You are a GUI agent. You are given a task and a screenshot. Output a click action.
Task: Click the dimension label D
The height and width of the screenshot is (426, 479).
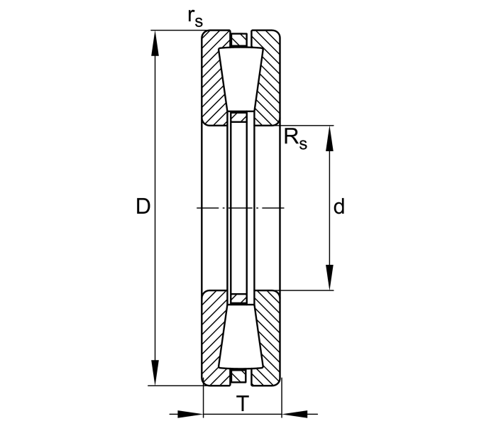(x=143, y=207)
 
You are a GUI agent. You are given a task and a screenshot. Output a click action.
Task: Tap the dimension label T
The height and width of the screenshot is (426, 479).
(x=243, y=403)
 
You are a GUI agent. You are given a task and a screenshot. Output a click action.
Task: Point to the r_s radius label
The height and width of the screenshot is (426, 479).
(x=195, y=18)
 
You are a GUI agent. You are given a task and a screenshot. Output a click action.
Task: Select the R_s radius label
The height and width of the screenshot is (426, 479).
(x=295, y=139)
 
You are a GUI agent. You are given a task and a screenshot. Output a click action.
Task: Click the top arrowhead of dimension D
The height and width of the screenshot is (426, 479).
(x=155, y=43)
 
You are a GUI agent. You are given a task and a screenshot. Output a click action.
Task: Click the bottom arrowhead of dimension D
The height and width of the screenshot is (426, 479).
(x=155, y=373)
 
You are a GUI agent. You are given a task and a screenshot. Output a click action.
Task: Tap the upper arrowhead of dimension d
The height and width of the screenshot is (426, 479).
(x=329, y=138)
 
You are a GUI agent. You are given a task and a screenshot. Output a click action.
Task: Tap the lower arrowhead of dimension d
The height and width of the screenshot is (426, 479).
(x=329, y=277)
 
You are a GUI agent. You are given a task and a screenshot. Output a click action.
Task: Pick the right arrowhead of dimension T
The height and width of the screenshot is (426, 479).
(x=294, y=415)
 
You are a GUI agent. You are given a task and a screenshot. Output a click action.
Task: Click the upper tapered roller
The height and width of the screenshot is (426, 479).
(x=241, y=79)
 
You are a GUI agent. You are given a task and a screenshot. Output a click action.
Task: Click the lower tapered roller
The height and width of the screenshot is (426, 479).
(x=241, y=337)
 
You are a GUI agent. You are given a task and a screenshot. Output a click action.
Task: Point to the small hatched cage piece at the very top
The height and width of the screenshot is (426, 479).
(x=238, y=40)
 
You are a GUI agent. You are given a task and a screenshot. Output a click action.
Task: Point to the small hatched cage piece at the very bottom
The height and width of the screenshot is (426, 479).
(x=238, y=376)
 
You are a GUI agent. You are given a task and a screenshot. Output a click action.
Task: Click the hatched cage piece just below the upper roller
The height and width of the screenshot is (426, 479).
(x=238, y=117)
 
